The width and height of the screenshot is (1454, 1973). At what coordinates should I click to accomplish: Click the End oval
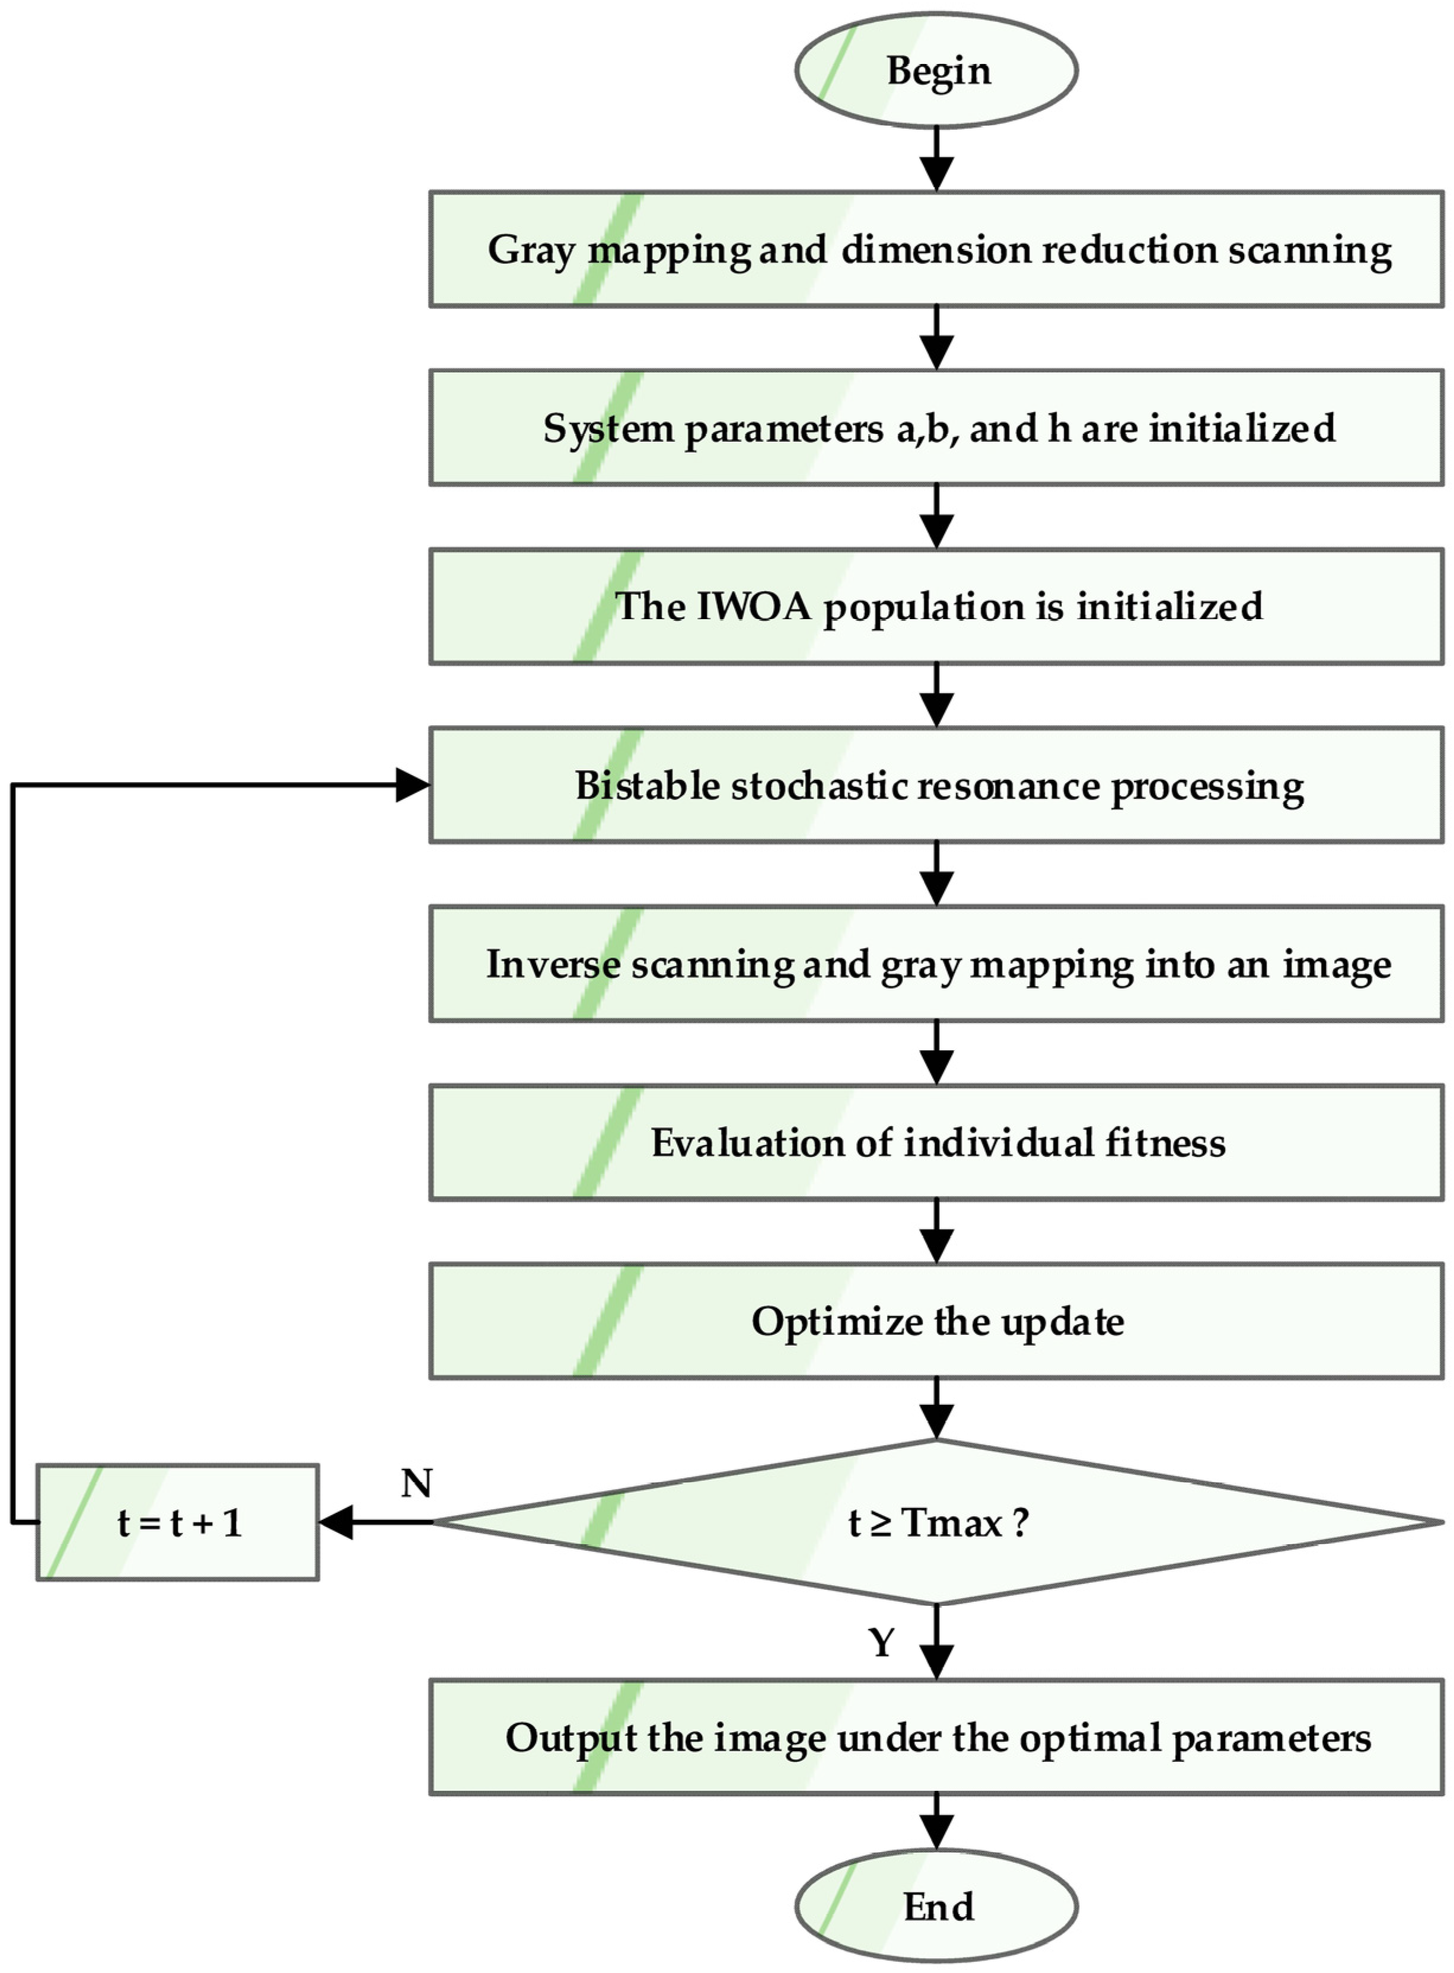(936, 1906)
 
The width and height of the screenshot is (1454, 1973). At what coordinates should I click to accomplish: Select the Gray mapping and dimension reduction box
(936, 249)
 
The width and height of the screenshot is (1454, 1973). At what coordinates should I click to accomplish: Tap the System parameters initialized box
(936, 428)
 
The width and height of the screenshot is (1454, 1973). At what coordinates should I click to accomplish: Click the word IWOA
(754, 606)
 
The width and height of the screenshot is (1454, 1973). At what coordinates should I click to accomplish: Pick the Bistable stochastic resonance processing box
(936, 785)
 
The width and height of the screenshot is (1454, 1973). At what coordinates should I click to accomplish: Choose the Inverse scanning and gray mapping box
(936, 964)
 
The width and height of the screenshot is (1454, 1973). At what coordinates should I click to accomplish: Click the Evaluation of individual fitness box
(936, 1142)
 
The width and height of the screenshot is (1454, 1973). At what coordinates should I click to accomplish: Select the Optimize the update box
(936, 1321)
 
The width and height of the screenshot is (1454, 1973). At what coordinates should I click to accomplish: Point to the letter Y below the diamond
(881, 1642)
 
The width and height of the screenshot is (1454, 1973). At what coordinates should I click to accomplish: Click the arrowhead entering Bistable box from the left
(412, 785)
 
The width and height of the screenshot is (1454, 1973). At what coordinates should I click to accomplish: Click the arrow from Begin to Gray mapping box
(936, 158)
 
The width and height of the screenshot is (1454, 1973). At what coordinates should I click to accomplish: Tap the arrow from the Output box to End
(936, 1822)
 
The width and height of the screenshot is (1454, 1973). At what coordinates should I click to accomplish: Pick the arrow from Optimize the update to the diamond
(936, 1408)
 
